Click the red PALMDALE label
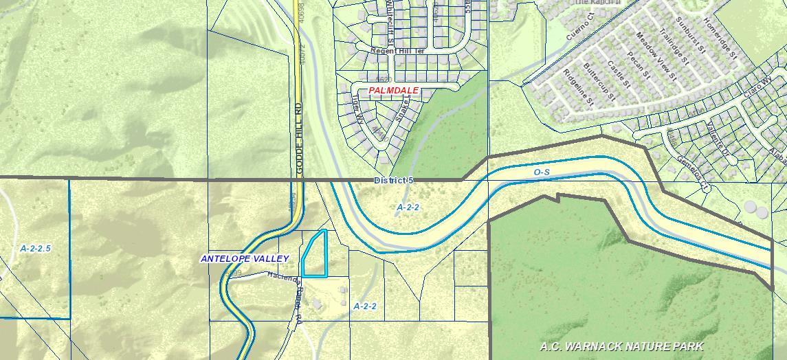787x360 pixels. click(x=393, y=91)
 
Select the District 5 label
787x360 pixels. click(x=394, y=180)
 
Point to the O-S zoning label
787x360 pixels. click(x=542, y=172)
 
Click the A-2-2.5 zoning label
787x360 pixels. click(x=36, y=249)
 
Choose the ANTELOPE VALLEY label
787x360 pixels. click(x=245, y=258)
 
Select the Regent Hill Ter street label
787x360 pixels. click(x=398, y=51)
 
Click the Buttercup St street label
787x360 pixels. click(x=597, y=81)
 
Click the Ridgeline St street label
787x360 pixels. click(x=577, y=88)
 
